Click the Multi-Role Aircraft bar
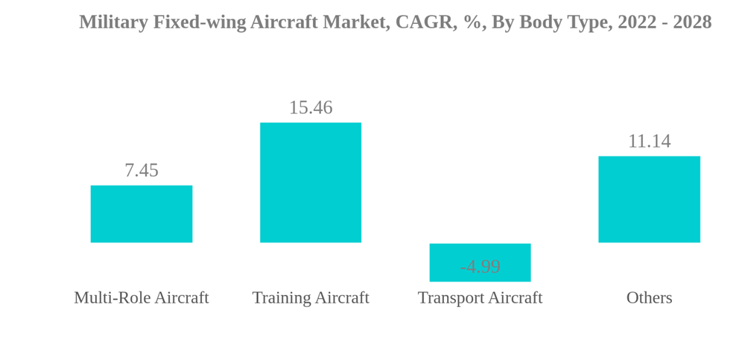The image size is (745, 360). [x=142, y=214]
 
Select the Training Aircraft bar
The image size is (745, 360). [x=311, y=183]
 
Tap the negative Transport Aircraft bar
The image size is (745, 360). [x=480, y=253]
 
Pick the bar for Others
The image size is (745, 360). [x=649, y=199]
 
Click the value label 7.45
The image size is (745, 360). [x=142, y=171]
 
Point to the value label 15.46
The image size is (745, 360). [x=311, y=108]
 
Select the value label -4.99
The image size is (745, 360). [x=480, y=267]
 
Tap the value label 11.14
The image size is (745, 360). [x=649, y=142]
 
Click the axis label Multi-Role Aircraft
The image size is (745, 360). [x=142, y=298]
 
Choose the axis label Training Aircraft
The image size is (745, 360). [x=311, y=298]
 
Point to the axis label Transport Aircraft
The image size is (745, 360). [x=480, y=298]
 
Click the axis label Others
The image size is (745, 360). [x=649, y=298]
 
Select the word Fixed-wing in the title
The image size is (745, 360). [x=199, y=22]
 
